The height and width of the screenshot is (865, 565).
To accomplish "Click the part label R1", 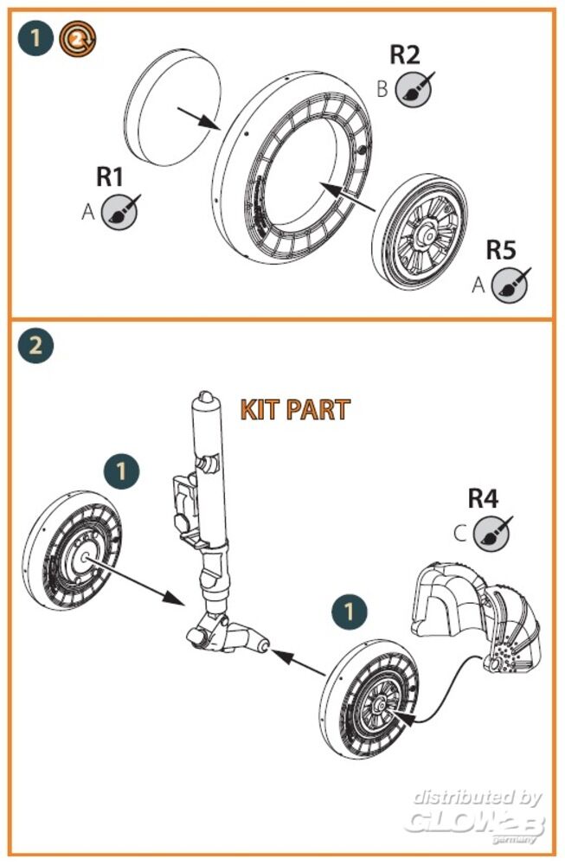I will [110, 177].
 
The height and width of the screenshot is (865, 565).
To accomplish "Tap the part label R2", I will [404, 54].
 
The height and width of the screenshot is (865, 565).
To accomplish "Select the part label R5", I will [500, 251].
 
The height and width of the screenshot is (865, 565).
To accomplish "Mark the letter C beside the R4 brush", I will [460, 532].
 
